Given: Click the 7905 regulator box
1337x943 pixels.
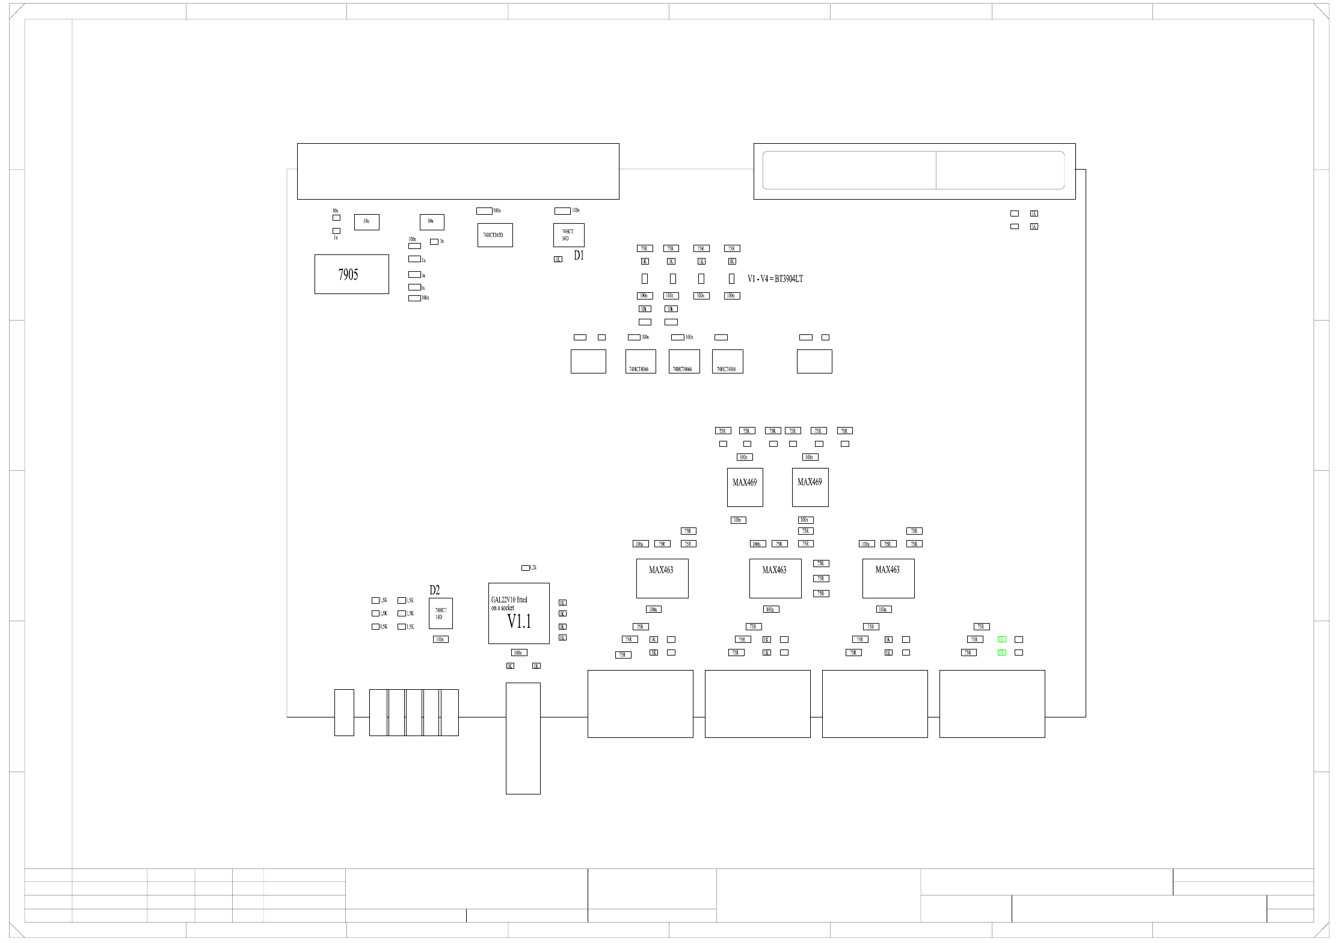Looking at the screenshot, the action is [x=351, y=274].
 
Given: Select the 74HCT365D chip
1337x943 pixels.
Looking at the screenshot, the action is [x=494, y=235].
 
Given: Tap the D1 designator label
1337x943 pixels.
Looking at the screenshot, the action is [x=579, y=256].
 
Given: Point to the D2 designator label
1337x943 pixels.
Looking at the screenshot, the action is [x=434, y=591].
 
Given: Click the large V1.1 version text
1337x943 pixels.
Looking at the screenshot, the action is [x=519, y=622].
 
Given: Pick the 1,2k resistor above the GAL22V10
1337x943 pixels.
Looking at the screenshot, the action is [x=526, y=568].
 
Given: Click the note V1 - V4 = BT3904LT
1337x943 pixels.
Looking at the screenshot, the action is [x=775, y=279].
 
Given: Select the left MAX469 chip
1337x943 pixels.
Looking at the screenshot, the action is [x=745, y=487].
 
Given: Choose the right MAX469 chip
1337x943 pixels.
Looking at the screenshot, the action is [x=810, y=487].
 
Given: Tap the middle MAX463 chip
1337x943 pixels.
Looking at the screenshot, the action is [x=775, y=578].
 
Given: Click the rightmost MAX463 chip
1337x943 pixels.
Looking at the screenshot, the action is [x=888, y=578].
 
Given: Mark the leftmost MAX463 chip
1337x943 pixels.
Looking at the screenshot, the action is [x=662, y=578].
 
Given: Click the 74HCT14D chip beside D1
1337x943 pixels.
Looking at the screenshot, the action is [x=568, y=235].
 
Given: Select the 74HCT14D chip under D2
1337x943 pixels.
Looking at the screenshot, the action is [x=440, y=613].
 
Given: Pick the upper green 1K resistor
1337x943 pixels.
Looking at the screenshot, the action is [x=1001, y=639].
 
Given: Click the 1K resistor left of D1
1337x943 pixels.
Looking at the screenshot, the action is [x=558, y=259].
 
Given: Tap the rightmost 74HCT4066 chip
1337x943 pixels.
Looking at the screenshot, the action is [x=727, y=361].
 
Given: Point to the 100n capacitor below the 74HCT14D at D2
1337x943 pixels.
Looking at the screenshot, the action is [x=440, y=639].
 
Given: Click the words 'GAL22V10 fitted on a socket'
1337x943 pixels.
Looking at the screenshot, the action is [x=509, y=604].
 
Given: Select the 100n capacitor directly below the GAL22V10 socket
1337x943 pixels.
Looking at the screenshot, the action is [x=519, y=653].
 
